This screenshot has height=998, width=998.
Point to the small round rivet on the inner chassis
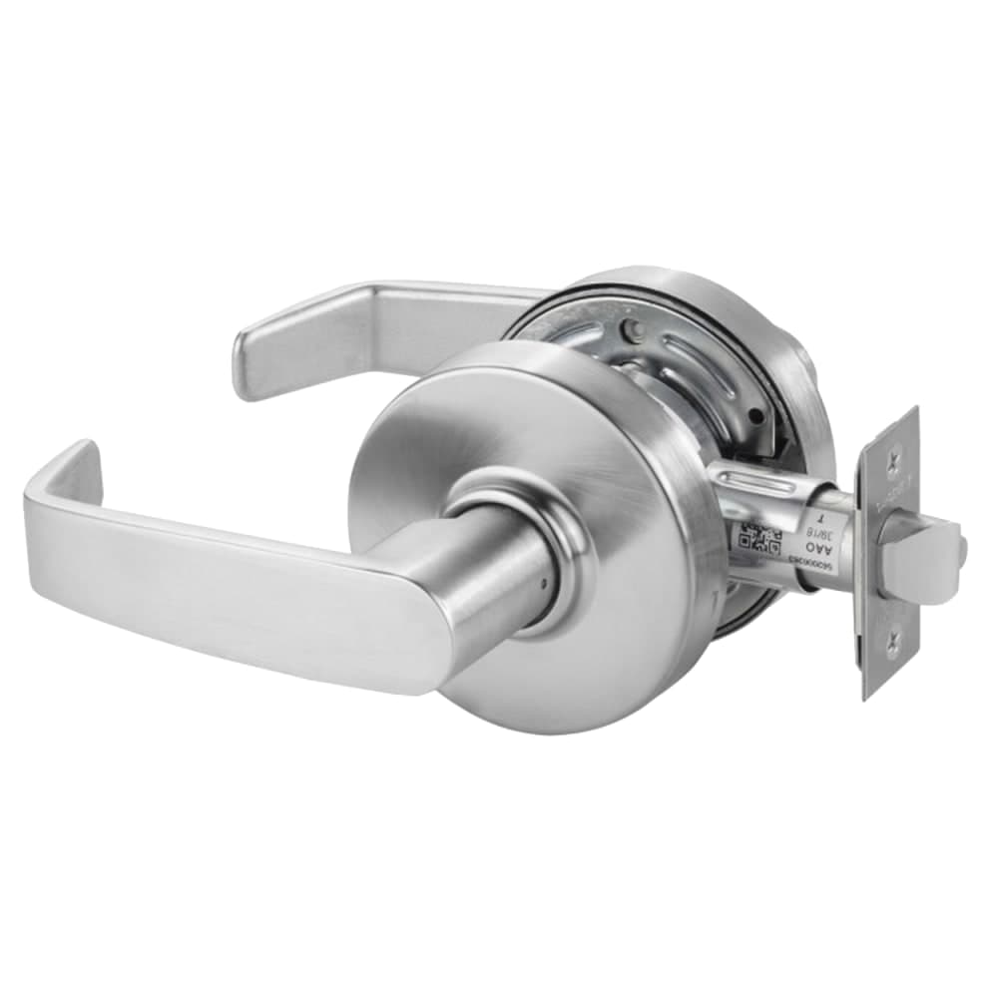tap(626, 327)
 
